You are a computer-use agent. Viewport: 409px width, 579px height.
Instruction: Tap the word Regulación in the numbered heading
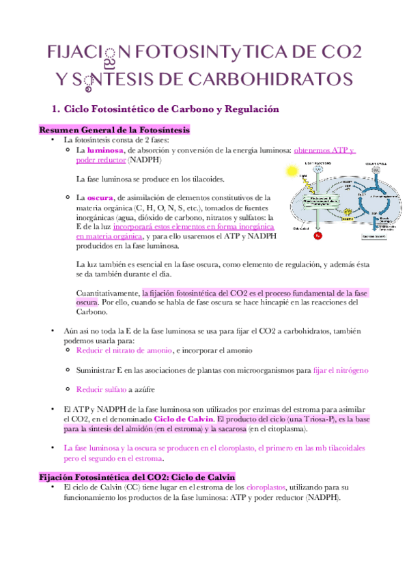point(238,109)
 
